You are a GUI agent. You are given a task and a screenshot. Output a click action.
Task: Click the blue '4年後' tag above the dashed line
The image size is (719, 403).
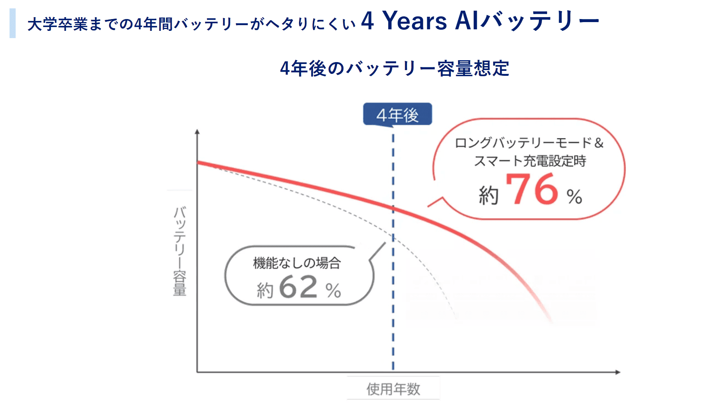click(397, 114)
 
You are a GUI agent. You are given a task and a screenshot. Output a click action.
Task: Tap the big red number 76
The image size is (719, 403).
click(532, 189)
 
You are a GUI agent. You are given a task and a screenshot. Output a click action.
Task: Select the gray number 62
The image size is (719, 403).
click(298, 286)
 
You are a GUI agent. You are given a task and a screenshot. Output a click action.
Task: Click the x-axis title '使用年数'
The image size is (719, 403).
click(393, 389)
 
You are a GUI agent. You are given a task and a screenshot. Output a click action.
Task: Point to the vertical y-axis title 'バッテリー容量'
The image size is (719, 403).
click(180, 251)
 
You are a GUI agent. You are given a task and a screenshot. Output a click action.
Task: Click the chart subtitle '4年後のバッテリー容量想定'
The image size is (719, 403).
click(394, 69)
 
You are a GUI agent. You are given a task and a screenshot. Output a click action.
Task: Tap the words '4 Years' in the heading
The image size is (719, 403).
click(404, 21)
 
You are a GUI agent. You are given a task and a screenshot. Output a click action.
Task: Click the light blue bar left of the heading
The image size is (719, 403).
click(13, 23)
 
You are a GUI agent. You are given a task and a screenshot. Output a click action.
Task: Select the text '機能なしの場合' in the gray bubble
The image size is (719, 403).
click(297, 263)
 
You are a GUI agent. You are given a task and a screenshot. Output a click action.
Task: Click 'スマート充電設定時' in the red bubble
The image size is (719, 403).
click(530, 161)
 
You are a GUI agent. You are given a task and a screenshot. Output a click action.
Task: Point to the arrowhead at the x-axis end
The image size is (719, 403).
click(618, 372)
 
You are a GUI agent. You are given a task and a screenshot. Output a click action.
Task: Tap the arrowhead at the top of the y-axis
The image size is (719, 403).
click(197, 132)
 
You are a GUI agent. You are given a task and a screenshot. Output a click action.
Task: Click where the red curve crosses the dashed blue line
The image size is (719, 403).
click(393, 208)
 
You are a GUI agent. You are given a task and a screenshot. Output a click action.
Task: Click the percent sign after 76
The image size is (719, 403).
click(574, 197)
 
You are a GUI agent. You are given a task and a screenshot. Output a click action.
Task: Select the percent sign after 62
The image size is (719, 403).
click(333, 291)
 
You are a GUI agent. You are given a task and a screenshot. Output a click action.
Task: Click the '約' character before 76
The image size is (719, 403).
click(489, 195)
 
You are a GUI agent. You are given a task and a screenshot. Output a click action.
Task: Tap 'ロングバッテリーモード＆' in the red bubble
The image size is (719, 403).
click(529, 143)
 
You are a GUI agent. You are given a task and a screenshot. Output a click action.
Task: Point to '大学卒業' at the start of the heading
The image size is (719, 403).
click(58, 24)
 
